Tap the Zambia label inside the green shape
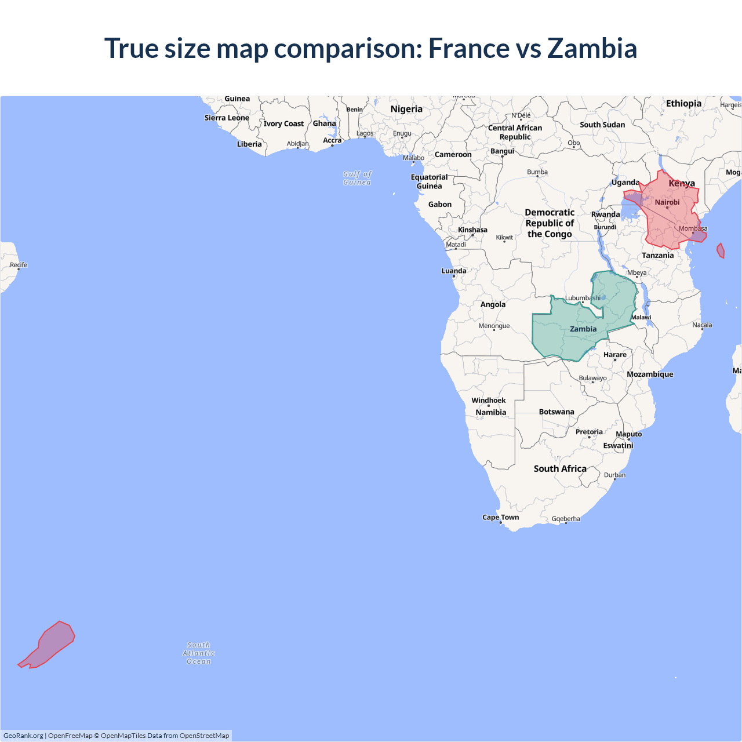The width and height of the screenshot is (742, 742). tap(583, 329)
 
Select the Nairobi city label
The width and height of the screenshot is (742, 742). tap(667, 202)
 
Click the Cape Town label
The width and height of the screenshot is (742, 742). tap(501, 517)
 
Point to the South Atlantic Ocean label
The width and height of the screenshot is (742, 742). tap(199, 653)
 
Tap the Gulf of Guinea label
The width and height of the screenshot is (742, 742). tap(357, 178)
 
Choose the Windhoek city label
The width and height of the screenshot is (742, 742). tap(489, 400)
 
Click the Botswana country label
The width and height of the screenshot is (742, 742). tap(556, 412)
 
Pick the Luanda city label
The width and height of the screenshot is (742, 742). tap(454, 271)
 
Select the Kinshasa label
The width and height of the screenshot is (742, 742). tap(472, 230)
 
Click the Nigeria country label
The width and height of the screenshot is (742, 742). tap(406, 109)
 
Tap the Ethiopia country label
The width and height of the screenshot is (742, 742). tap(683, 103)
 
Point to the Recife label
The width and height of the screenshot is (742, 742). tap(19, 265)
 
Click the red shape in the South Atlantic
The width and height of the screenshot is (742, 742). tap(49, 645)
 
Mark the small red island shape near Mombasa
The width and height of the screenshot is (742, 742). tap(721, 250)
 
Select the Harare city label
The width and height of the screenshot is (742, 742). tap(615, 354)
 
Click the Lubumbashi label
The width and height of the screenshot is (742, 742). tap(583, 298)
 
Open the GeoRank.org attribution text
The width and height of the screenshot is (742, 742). tap(23, 736)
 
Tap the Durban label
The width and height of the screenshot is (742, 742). tap(615, 475)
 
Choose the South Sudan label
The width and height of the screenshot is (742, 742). tap(602, 125)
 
